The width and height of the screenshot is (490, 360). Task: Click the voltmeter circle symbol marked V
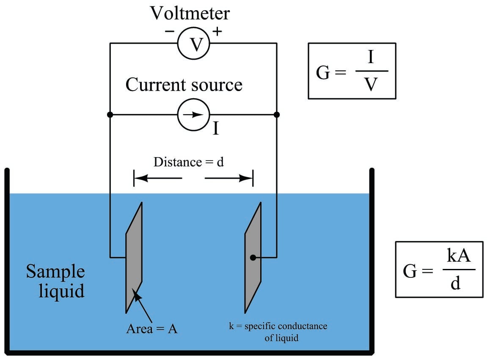(x=193, y=43)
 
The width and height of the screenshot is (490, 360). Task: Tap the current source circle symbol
(x=193, y=115)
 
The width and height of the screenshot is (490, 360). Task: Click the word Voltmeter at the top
(x=190, y=13)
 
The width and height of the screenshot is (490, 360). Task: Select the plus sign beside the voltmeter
(x=217, y=31)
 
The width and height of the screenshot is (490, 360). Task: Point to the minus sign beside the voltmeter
(x=170, y=31)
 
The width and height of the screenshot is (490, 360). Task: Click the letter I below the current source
(x=216, y=128)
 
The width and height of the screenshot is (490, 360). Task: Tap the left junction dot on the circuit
(x=110, y=115)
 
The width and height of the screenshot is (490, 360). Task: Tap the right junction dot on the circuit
(x=277, y=115)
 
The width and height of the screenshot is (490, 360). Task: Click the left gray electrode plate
(x=134, y=258)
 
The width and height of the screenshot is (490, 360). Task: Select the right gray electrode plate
(x=253, y=258)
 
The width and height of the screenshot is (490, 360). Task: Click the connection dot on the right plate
(x=253, y=258)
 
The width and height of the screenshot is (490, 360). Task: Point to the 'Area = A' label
(x=152, y=329)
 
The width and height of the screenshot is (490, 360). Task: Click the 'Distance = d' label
(x=189, y=162)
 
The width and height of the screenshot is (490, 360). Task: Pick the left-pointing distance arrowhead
(x=140, y=178)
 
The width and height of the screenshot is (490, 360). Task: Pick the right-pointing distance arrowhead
(x=246, y=178)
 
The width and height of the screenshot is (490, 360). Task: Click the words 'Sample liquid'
(x=55, y=281)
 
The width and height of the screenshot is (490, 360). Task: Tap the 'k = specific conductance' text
(x=278, y=326)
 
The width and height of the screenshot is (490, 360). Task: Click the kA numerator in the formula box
(x=458, y=255)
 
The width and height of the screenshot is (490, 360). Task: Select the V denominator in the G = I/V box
(x=371, y=84)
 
